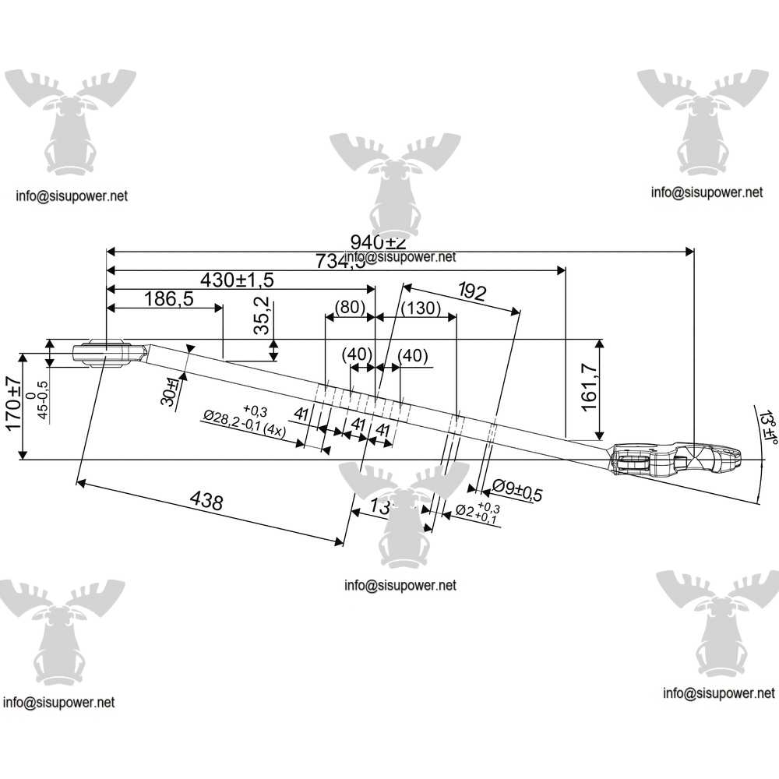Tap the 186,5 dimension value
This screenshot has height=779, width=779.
click(x=168, y=299)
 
